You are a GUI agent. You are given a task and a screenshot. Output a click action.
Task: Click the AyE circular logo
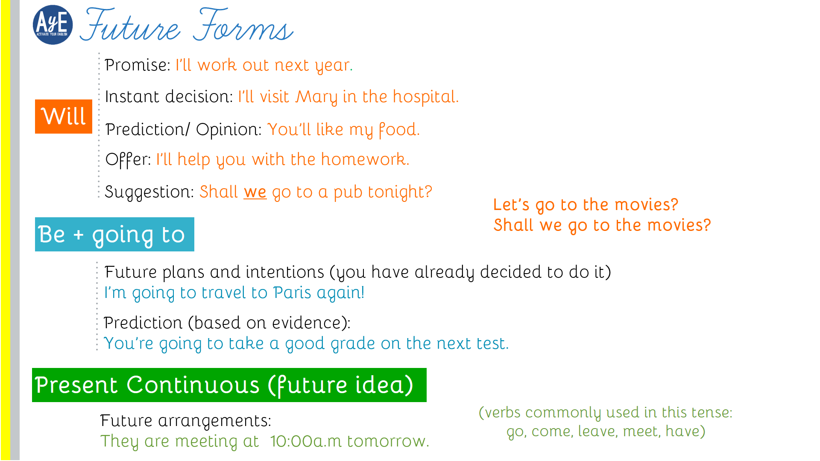(x=53, y=25)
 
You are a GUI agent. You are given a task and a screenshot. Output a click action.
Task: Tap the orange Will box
(x=64, y=117)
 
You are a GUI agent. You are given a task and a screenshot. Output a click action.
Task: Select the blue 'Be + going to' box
(x=114, y=234)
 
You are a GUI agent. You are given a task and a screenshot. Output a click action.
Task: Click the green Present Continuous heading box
(x=229, y=385)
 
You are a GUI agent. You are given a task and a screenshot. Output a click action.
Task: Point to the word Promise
(x=137, y=65)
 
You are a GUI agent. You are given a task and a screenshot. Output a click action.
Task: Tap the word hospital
(x=425, y=97)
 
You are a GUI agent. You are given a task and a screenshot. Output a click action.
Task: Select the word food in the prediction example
(x=399, y=130)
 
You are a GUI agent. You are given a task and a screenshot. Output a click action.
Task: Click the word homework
(x=365, y=159)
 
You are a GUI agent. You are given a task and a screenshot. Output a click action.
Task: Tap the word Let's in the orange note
(x=511, y=205)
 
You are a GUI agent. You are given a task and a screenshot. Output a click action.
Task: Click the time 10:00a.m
(x=306, y=441)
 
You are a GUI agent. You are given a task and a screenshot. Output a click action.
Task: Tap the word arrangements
(x=214, y=421)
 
